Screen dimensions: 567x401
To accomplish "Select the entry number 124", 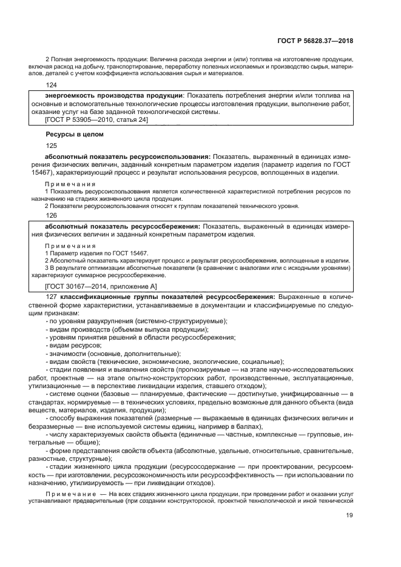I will [x=51, y=86].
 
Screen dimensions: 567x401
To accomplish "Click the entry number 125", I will [x=51, y=146].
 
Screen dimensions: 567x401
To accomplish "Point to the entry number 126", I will [x=51, y=215].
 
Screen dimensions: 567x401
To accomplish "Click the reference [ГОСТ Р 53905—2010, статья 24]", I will [x=97, y=119].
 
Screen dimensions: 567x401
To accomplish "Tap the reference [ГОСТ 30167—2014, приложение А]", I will [x=101, y=286].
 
